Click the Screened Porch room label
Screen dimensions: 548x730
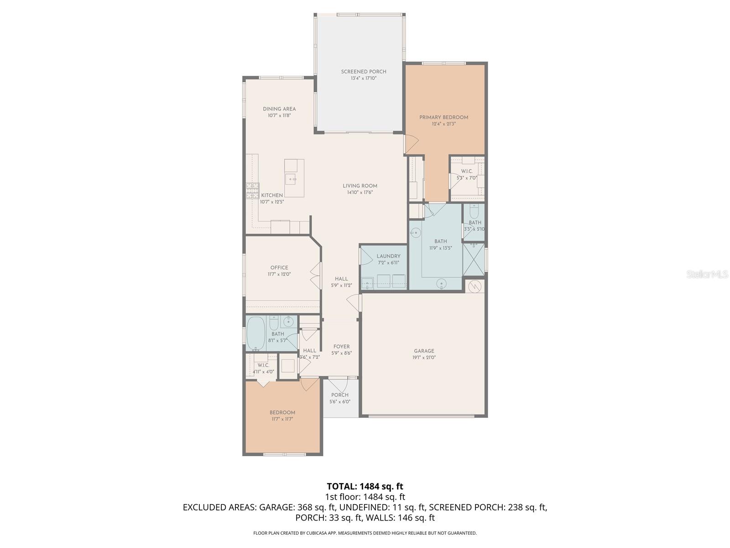point(364,72)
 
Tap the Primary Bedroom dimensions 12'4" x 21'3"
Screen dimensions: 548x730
point(443,124)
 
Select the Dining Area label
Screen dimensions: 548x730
point(279,109)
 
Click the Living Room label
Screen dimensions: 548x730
point(360,186)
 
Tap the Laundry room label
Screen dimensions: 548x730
point(388,256)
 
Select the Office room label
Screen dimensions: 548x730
point(279,268)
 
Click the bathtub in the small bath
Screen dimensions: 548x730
point(256,333)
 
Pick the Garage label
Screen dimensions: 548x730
point(424,351)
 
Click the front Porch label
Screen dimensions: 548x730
point(340,395)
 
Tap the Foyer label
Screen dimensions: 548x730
point(341,347)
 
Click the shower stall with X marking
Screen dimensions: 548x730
point(474,259)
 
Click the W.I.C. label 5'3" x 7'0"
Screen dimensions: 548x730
point(466,171)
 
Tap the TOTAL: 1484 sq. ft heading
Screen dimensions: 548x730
point(365,486)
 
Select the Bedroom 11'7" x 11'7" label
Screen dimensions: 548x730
point(282,412)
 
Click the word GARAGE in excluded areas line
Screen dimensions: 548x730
point(277,507)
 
